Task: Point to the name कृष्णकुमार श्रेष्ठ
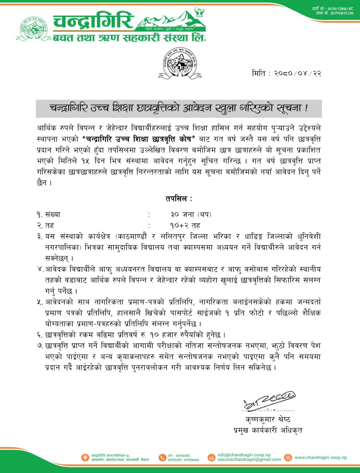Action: (x=268, y=419)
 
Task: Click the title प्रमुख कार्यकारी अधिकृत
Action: (x=268, y=430)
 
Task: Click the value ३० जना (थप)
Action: (x=191, y=214)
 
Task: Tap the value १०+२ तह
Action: (x=185, y=226)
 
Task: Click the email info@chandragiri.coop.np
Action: (x=244, y=455)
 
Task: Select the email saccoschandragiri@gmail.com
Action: (x=249, y=459)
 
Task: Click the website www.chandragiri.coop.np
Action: (x=321, y=457)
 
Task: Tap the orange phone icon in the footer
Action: (x=162, y=457)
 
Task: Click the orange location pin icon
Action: (x=85, y=457)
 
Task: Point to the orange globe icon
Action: (x=288, y=457)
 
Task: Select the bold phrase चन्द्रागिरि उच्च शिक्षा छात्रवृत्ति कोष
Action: (x=139, y=139)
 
